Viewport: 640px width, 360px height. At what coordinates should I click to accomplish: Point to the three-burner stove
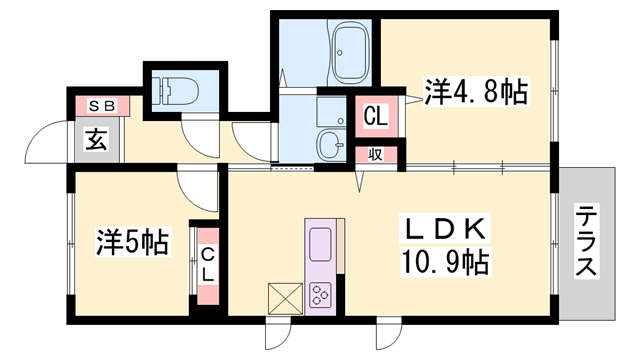point(322,294)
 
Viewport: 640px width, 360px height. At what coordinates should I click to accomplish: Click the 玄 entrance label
point(97,139)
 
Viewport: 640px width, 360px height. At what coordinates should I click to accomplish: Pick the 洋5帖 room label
point(132,241)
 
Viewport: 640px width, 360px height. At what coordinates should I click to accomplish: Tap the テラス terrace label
point(586,242)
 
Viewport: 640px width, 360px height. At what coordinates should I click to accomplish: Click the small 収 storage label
point(376,154)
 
